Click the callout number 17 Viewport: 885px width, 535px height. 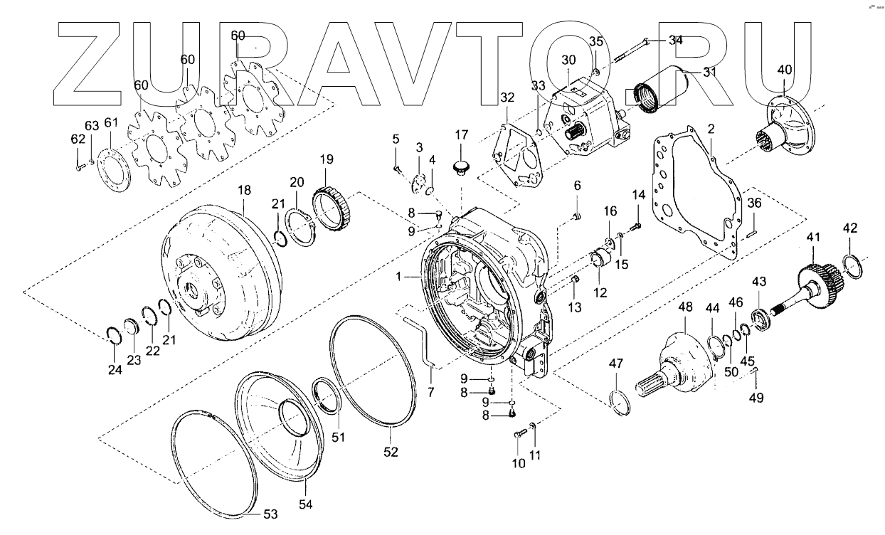[x=462, y=134]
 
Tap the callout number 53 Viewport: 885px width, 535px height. [x=270, y=514]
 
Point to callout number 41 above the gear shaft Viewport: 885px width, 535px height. [x=813, y=237]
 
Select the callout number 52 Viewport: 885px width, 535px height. [x=391, y=451]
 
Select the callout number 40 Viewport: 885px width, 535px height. [x=784, y=70]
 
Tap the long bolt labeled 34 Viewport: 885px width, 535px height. [x=626, y=51]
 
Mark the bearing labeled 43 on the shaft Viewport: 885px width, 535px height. [x=761, y=317]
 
